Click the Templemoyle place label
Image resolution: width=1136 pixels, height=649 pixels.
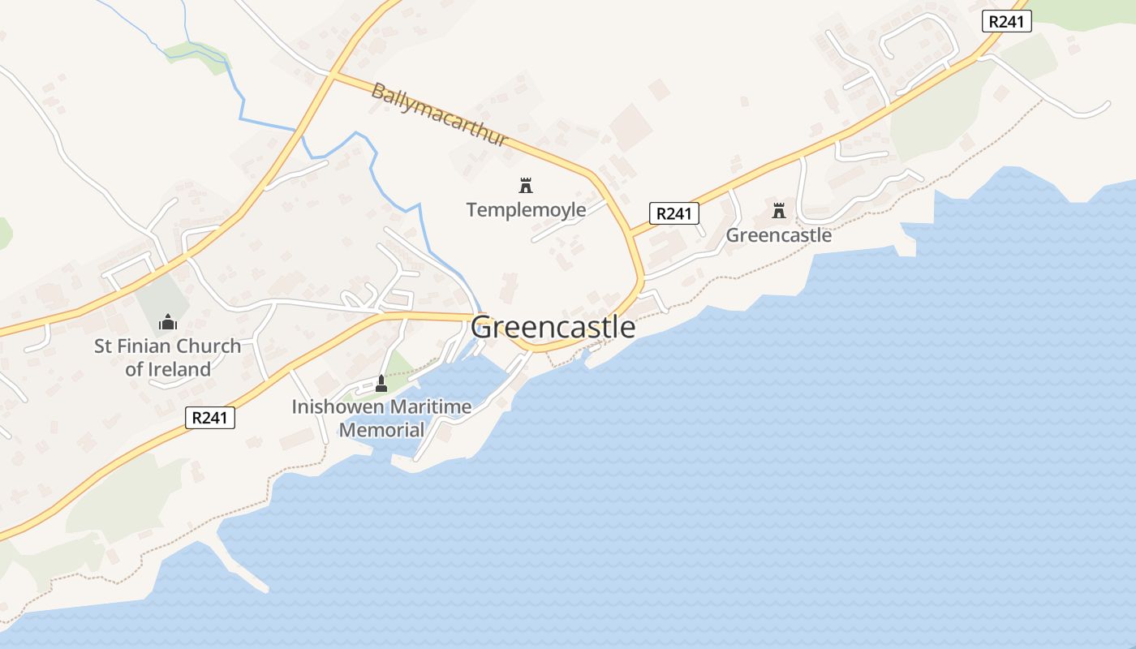pyautogui.click(x=526, y=210)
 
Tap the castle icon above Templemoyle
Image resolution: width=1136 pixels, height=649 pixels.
pyautogui.click(x=526, y=185)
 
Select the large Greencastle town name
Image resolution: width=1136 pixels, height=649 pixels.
pyautogui.click(x=553, y=328)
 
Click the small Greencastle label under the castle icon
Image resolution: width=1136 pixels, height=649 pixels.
pyautogui.click(x=778, y=235)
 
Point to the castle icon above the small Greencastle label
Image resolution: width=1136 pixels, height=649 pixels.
pyautogui.click(x=779, y=211)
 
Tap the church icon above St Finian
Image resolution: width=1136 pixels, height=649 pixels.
pyautogui.click(x=168, y=322)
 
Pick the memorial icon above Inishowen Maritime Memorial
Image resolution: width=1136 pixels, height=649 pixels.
pyautogui.click(x=381, y=382)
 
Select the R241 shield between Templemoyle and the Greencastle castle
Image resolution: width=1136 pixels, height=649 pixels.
pyautogui.click(x=674, y=213)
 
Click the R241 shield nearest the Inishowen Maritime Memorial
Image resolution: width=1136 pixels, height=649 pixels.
pyautogui.click(x=210, y=418)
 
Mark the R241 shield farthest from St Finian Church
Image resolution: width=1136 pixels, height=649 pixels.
pyautogui.click(x=1006, y=22)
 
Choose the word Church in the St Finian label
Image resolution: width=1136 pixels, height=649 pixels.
pyautogui.click(x=209, y=346)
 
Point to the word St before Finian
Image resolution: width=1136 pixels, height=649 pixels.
pyautogui.click(x=103, y=346)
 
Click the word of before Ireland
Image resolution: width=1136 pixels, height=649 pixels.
pyautogui.click(x=134, y=370)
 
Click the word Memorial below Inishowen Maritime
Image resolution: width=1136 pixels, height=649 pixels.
pyautogui.click(x=381, y=430)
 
